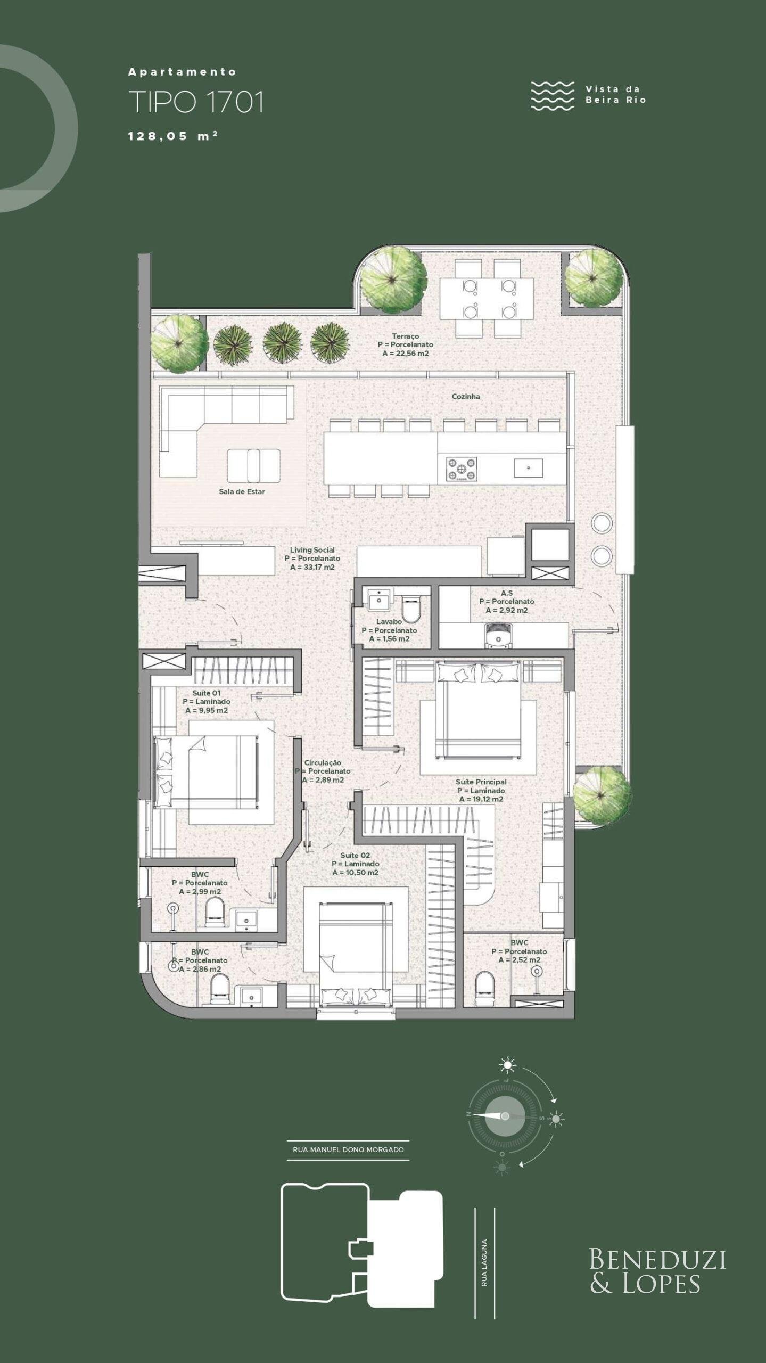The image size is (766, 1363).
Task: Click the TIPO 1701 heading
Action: [196, 102]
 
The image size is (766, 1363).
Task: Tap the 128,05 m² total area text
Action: [173, 136]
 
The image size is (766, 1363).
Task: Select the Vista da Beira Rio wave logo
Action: [553, 96]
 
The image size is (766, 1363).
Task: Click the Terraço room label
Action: [406, 336]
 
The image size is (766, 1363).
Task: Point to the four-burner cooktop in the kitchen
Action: [462, 469]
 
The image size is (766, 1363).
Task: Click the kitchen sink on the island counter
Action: [528, 468]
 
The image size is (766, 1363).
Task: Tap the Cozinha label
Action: [466, 396]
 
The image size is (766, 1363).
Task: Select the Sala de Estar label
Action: [242, 491]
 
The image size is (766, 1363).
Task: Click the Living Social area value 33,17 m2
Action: [312, 567]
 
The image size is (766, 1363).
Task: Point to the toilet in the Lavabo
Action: [411, 609]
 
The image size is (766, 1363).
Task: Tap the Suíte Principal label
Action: [481, 782]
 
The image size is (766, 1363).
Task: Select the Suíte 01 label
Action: [207, 693]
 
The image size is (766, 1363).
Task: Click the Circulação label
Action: [323, 762]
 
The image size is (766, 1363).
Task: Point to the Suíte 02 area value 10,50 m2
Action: [355, 873]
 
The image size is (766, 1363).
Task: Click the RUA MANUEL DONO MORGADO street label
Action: [348, 1149]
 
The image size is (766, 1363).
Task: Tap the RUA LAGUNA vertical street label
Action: [484, 1262]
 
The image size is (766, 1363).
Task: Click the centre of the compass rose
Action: [505, 1116]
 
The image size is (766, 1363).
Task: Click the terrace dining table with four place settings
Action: [487, 298]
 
